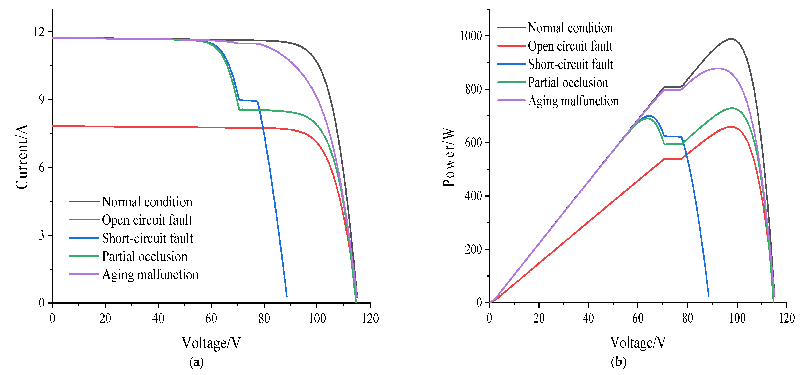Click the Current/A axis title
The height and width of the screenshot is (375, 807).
click(22, 157)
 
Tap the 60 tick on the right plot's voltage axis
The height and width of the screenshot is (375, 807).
click(638, 318)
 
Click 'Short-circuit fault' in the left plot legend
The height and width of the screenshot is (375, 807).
click(147, 238)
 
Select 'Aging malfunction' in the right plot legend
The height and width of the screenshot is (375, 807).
click(573, 101)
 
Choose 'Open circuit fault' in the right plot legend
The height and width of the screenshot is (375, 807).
click(570, 46)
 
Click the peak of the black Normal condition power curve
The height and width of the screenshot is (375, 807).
click(731, 39)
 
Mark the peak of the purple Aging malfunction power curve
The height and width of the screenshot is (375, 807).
click(718, 68)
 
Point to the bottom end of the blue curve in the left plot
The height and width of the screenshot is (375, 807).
click(286, 296)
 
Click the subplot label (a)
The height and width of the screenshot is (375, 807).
click(197, 362)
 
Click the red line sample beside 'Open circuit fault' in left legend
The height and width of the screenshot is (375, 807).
click(84, 220)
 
